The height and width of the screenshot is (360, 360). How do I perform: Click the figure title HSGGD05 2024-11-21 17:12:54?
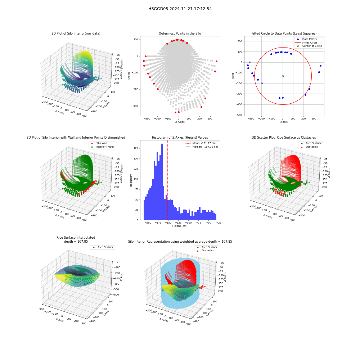(x=180, y=9)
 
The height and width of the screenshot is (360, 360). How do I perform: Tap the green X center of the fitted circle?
(x=283, y=76)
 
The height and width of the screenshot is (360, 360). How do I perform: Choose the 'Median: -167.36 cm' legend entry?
(x=202, y=147)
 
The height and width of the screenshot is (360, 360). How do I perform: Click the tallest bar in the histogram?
(x=162, y=182)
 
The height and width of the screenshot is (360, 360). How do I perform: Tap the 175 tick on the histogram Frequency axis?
(x=136, y=148)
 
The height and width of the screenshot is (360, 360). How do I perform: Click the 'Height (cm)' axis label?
(x=180, y=226)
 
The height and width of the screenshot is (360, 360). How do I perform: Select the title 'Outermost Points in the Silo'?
(x=180, y=33)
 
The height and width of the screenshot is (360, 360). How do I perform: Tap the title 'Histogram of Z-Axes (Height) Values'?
(x=180, y=138)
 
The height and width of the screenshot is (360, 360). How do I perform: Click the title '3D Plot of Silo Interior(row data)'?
(x=76, y=33)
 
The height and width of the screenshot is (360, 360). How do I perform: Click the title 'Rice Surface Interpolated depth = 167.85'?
(x=76, y=239)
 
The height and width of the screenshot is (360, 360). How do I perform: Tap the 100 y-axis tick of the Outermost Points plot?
(x=136, y=40)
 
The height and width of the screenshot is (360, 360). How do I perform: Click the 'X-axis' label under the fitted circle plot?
(x=284, y=122)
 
